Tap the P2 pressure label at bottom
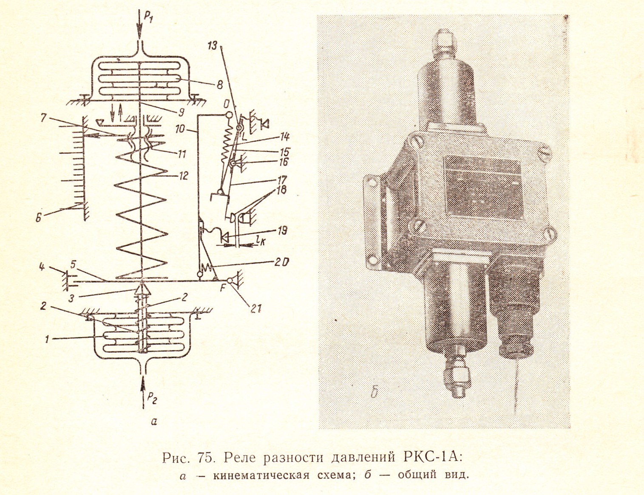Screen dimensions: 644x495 pyautogui.click(x=151, y=398)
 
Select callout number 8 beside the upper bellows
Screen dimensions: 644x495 pyautogui.click(x=219, y=85)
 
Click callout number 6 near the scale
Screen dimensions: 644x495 pyautogui.click(x=39, y=219)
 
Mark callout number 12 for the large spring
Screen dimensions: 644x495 pyautogui.click(x=183, y=175)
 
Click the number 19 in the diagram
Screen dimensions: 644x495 pyautogui.click(x=282, y=231)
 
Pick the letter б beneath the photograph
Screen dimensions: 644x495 pyautogui.click(x=374, y=392)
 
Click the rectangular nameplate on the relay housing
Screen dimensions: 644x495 pyautogui.click(x=482, y=187)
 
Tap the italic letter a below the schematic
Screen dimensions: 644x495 pyautogui.click(x=154, y=422)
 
